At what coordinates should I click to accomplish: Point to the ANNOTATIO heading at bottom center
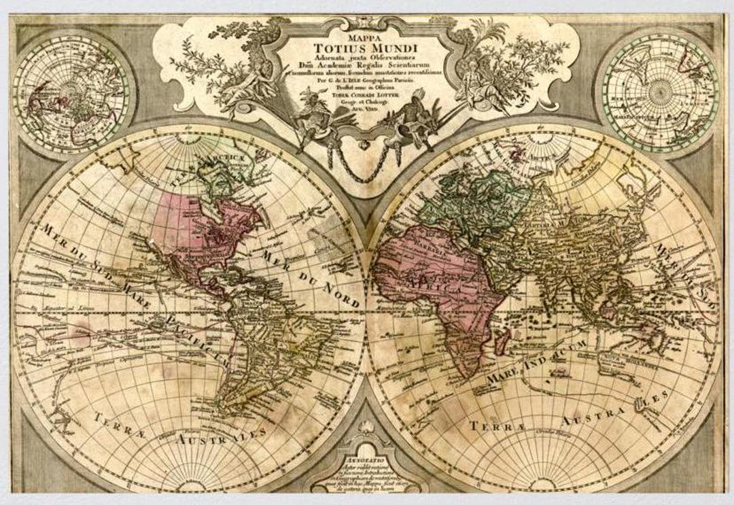(x=367, y=459)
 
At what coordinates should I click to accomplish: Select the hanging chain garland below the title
(x=367, y=163)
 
